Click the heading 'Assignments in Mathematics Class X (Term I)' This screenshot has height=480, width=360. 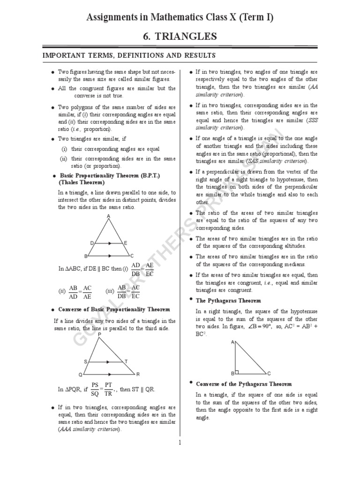pos(180,17)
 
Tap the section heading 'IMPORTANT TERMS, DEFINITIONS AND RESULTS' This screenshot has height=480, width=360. pos(129,56)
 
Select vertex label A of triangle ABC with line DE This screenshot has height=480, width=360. pos(109,216)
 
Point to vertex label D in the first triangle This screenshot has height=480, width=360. pos(92,243)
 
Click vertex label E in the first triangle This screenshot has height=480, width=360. pos(126,243)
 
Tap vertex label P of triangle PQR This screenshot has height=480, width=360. pos(100,334)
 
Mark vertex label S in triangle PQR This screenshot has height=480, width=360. pos(85,361)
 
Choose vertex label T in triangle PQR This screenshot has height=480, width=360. pos(125,361)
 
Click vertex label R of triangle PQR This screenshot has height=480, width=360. pos(138,375)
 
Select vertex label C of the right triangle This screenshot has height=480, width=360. pos(269,374)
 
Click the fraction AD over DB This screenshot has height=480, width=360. pos(136,269)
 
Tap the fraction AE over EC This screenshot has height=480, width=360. pos(150,269)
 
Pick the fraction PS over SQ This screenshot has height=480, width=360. pos(95,389)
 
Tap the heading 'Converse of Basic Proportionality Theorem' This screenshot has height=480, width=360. pos(114,309)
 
